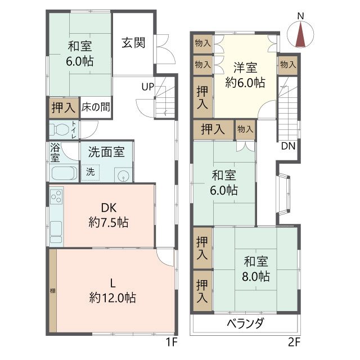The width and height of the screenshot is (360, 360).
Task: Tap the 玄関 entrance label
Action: pos(134,43)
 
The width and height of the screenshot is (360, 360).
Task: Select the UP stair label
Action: pos(148,87)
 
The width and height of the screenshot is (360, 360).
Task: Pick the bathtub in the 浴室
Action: pos(63,173)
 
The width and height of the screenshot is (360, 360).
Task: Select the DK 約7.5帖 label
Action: pos(108,215)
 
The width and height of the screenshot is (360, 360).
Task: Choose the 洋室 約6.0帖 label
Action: pos(245,75)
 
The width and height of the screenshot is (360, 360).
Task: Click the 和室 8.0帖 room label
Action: pos(256,269)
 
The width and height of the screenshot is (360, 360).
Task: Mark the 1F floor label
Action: pos(171,341)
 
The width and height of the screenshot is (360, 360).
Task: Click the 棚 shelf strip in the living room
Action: pos(52,291)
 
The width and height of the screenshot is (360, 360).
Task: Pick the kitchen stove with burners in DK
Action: pos(57,198)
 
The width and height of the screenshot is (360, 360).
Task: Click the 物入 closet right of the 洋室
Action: pos(287,65)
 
